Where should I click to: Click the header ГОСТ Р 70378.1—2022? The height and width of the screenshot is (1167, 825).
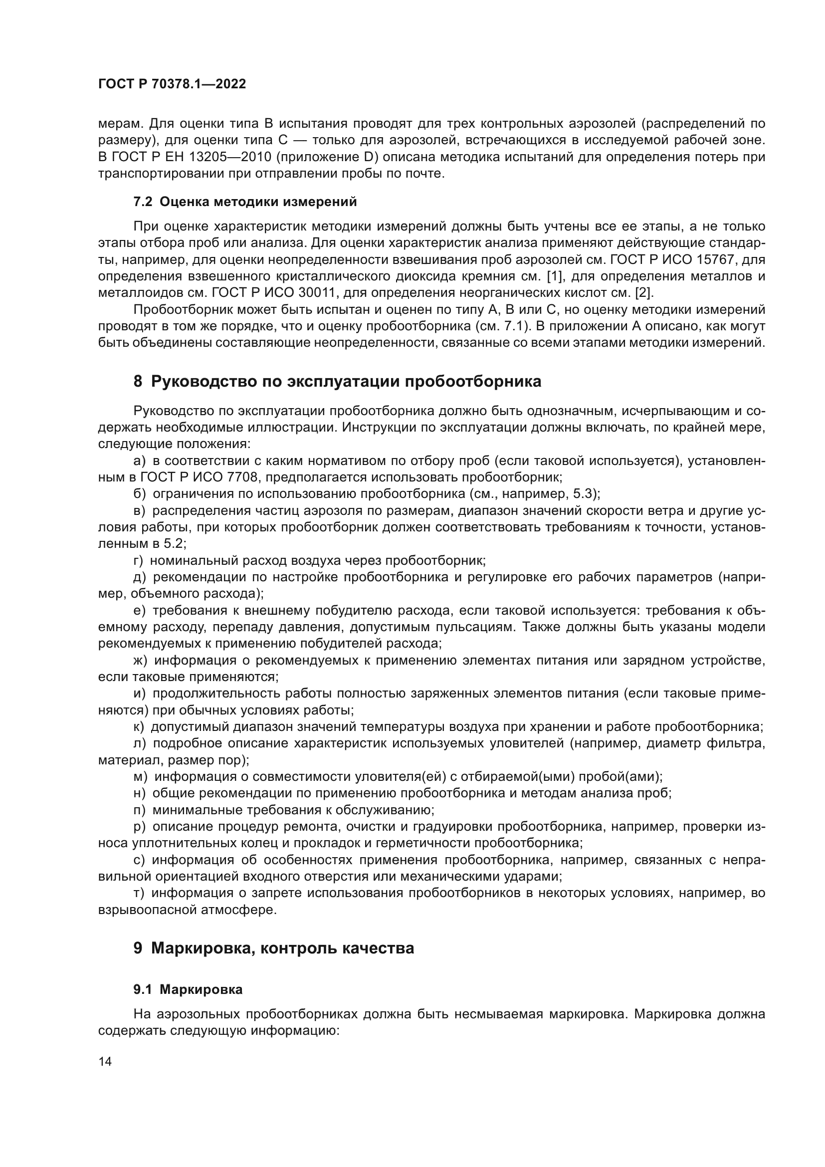172,84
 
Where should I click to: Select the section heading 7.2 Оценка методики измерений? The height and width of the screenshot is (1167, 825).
245,202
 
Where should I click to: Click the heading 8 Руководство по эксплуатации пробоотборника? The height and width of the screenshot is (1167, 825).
337,381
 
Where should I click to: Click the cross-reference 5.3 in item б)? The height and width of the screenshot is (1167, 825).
582,493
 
